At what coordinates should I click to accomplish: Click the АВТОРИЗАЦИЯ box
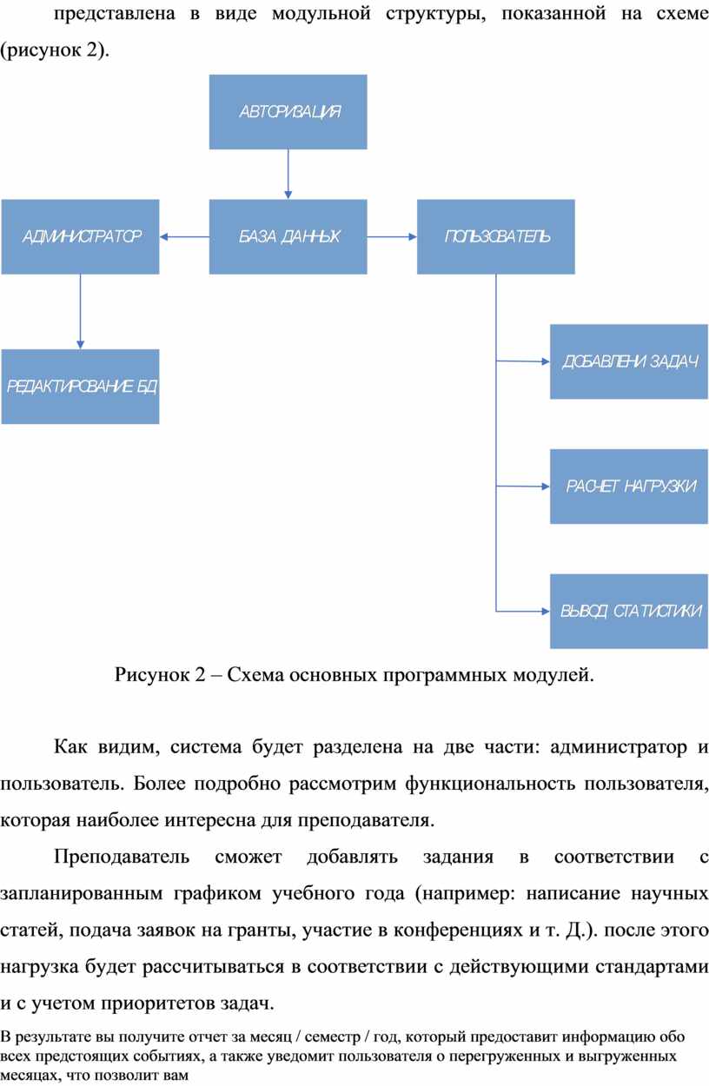(x=288, y=111)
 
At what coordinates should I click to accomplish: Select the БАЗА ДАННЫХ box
(x=288, y=236)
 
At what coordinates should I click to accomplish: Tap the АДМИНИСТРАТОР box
(x=80, y=236)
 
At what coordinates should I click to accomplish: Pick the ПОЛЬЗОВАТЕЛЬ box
(x=495, y=236)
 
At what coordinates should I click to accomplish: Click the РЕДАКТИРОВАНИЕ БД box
(x=80, y=387)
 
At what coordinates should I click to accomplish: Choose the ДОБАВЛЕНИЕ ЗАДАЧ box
(x=629, y=361)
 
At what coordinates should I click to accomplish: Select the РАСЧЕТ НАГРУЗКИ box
(x=629, y=487)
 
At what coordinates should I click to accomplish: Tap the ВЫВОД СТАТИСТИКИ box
(x=629, y=612)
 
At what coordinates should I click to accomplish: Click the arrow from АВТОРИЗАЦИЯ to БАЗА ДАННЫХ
(x=288, y=174)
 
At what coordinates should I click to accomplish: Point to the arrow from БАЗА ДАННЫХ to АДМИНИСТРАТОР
(x=184, y=236)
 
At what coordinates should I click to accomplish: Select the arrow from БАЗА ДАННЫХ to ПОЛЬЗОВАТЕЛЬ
(x=392, y=236)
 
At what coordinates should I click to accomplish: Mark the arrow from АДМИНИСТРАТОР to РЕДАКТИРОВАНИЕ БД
(x=80, y=311)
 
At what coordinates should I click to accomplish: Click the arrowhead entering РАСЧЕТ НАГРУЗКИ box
(x=546, y=487)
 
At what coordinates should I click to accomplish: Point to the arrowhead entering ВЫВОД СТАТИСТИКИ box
(x=546, y=612)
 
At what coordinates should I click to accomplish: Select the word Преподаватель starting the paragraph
(x=122, y=858)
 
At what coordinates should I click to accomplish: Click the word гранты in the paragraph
(x=264, y=930)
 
